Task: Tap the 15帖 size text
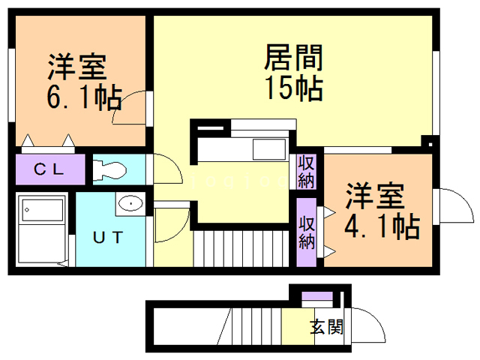pyautogui.click(x=293, y=88)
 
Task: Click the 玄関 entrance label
pyautogui.click(x=326, y=327)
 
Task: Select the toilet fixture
pyautogui.click(x=111, y=169)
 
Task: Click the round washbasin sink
pyautogui.click(x=130, y=202)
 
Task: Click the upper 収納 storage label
pyautogui.click(x=306, y=172)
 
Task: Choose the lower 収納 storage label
pyautogui.click(x=306, y=232)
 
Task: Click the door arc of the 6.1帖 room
pyautogui.click(x=130, y=105)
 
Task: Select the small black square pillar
pyautogui.click(x=427, y=141)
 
